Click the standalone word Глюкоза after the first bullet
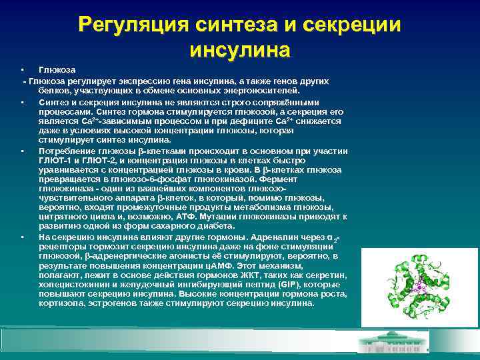coord(57,70)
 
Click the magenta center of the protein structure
coord(419,286)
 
